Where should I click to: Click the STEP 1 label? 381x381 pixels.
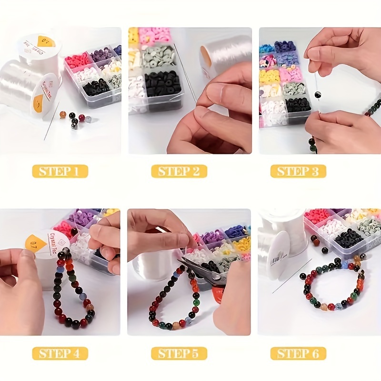pyautogui.click(x=60, y=171)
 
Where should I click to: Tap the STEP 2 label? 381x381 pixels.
pyautogui.click(x=179, y=171)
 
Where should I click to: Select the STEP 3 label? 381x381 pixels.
pyautogui.click(x=298, y=171)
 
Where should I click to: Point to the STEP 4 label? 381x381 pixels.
pyautogui.click(x=60, y=353)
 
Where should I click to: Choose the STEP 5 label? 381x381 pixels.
pyautogui.click(x=179, y=353)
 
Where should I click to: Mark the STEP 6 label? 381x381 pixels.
pyautogui.click(x=298, y=353)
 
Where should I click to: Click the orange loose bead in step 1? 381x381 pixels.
pyautogui.click(x=62, y=114)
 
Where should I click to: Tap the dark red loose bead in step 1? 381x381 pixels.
pyautogui.click(x=81, y=117)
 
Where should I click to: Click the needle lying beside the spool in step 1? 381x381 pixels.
pyautogui.click(x=51, y=121)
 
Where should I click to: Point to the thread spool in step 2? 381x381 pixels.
pyautogui.click(x=224, y=53)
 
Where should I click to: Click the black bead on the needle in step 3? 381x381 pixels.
pyautogui.click(x=316, y=95)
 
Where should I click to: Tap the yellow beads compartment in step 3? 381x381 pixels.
pyautogui.click(x=270, y=75)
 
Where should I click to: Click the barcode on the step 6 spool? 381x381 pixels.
pyautogui.click(x=276, y=260)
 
